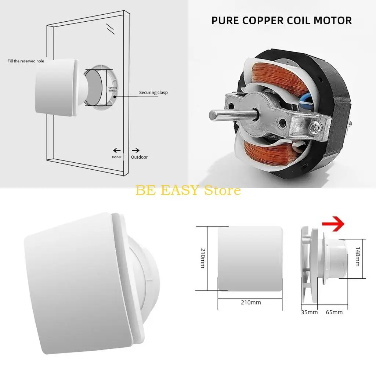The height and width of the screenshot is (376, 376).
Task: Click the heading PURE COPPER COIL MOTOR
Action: click(282, 20)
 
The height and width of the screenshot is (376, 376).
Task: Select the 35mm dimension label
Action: click(309, 312)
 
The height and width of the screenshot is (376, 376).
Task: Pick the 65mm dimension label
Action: click(334, 312)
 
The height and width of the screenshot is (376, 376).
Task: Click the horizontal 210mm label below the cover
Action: click(251, 303)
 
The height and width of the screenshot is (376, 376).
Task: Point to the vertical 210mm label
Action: click(202, 258)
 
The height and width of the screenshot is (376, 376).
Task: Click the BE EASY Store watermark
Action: click(188, 190)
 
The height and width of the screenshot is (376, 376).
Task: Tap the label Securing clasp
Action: click(153, 93)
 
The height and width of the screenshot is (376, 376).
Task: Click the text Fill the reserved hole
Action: click(26, 61)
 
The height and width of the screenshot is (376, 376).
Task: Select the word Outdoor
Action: click(140, 157)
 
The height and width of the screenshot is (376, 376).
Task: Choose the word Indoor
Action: click(116, 157)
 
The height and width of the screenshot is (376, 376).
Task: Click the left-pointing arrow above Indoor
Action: click(117, 150)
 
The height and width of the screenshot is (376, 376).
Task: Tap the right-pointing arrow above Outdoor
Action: click(135, 150)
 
